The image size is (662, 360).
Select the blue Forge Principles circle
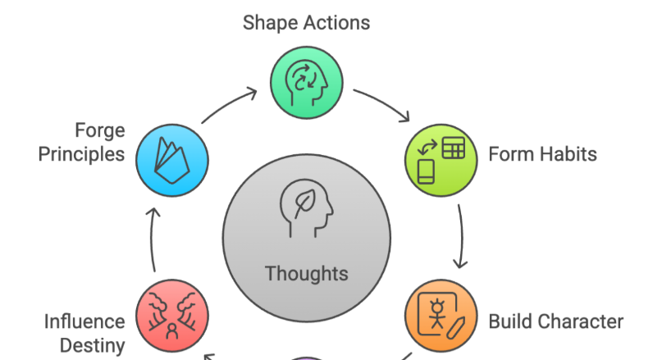click(x=173, y=158)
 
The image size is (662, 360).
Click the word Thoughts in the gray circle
click(x=306, y=273)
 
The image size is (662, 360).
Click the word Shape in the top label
click(x=268, y=22)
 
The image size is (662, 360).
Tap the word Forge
click(x=100, y=130)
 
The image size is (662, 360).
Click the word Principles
click(x=82, y=153)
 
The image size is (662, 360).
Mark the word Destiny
click(x=93, y=345)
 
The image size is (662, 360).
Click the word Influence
click(x=84, y=321)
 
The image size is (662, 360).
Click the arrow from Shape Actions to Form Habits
click(x=383, y=106)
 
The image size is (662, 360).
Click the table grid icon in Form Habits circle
click(x=453, y=148)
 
